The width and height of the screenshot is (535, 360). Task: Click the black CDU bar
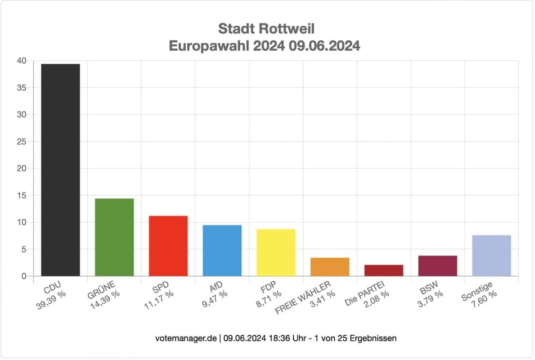(60, 170)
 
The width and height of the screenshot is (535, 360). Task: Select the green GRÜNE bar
(114, 237)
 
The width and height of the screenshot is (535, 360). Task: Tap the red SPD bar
(168, 246)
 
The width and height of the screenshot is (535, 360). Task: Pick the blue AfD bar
(222, 250)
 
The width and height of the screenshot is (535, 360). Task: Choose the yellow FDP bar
(276, 252)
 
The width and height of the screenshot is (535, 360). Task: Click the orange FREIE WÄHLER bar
(330, 267)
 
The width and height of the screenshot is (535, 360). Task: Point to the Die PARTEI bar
(384, 270)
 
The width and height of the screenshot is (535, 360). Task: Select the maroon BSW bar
(438, 266)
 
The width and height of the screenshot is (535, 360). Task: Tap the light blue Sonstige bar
(491, 256)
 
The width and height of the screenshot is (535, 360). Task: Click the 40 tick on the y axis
(22, 61)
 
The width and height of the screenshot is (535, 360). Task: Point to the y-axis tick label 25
(22, 142)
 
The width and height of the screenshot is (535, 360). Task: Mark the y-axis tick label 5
(24, 249)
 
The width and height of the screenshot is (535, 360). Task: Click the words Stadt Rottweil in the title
(266, 29)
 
